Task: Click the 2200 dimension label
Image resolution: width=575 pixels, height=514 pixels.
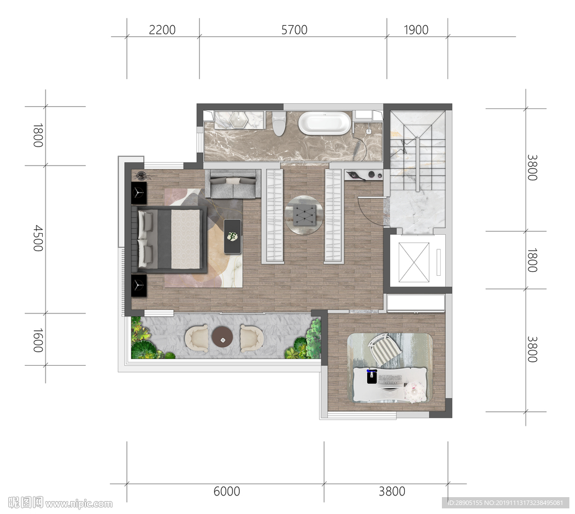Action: (162, 30)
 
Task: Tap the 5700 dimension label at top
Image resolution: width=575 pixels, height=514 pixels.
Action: (294, 30)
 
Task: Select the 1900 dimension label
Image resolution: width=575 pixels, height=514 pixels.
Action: (416, 30)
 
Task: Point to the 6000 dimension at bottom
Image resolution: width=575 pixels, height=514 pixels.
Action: (227, 491)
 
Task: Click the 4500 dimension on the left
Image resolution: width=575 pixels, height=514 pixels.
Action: (38, 239)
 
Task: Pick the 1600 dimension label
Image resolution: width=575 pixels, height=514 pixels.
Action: (38, 340)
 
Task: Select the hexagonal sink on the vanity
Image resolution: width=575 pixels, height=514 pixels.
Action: (239, 120)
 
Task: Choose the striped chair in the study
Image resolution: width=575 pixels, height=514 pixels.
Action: (384, 348)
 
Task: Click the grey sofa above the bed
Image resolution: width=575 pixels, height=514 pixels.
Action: (232, 184)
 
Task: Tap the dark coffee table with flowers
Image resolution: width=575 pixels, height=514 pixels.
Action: (232, 236)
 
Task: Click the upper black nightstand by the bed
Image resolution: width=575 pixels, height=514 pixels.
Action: (139, 193)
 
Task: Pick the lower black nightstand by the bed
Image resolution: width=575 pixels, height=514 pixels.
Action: (139, 285)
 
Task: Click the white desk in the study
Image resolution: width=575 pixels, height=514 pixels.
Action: (390, 384)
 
